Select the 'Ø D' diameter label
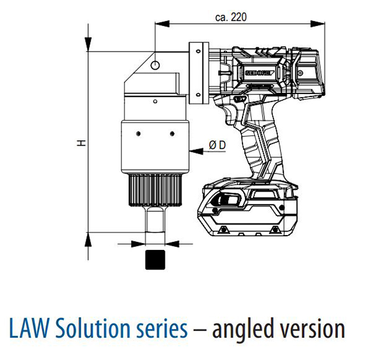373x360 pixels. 218,145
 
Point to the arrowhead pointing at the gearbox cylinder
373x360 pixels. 191,150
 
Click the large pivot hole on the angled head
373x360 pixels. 155,64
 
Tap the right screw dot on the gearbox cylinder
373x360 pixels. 172,131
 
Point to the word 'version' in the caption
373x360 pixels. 315,328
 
